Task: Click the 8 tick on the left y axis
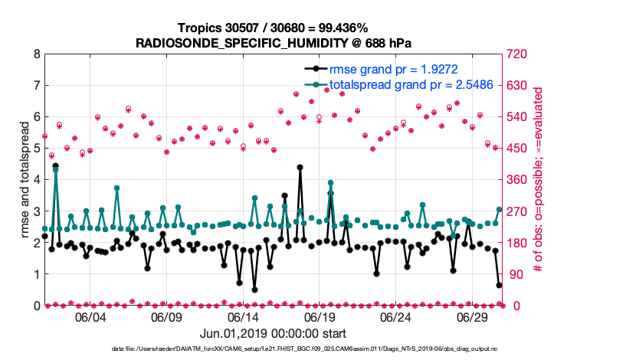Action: [36, 54]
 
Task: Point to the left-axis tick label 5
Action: [36, 149]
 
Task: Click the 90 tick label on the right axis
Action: [512, 274]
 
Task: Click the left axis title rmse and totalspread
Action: [24, 180]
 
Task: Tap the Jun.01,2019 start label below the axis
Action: [273, 334]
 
